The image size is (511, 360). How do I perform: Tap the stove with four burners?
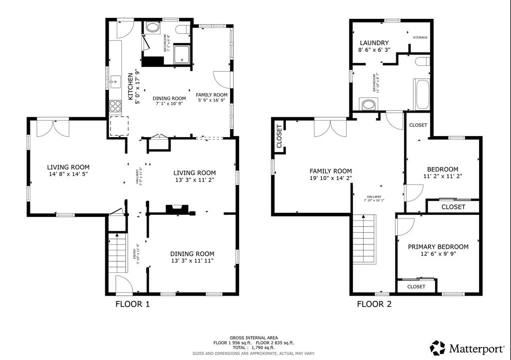115,106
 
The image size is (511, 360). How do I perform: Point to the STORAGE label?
420,37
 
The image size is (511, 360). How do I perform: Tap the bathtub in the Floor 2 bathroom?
422,95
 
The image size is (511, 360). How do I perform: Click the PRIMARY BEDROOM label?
438,247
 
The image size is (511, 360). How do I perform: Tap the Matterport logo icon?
438,348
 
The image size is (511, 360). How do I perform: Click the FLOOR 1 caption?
133,304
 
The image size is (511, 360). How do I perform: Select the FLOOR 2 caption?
374,304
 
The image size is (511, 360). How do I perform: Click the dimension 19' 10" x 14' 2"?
330,178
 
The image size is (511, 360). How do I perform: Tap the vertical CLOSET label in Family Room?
279,136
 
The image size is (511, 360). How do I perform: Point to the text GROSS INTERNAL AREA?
254,338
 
